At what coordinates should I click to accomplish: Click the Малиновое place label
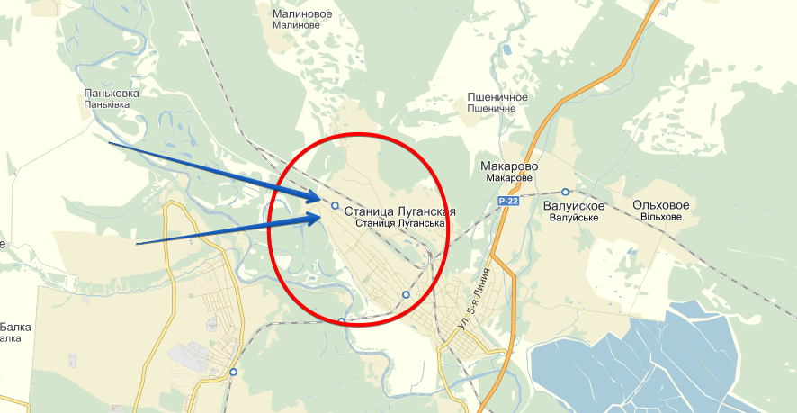[302, 13]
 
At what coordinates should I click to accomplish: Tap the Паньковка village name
[112, 93]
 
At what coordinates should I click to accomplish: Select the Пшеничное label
[497, 96]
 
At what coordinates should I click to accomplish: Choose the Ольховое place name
[661, 206]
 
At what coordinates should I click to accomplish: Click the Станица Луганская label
[399, 211]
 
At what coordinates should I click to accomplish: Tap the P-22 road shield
[508, 202]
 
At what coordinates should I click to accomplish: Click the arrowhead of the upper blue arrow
[316, 196]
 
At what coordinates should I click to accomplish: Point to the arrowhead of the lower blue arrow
[316, 219]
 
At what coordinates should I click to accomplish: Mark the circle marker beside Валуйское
[565, 192]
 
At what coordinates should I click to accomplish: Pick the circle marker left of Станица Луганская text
[335, 206]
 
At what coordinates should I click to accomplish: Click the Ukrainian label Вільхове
[662, 219]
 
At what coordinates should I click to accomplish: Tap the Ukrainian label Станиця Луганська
[401, 223]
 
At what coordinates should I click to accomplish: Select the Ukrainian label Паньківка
[107, 104]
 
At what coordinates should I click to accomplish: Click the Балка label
[15, 328]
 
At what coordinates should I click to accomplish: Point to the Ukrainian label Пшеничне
[492, 108]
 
